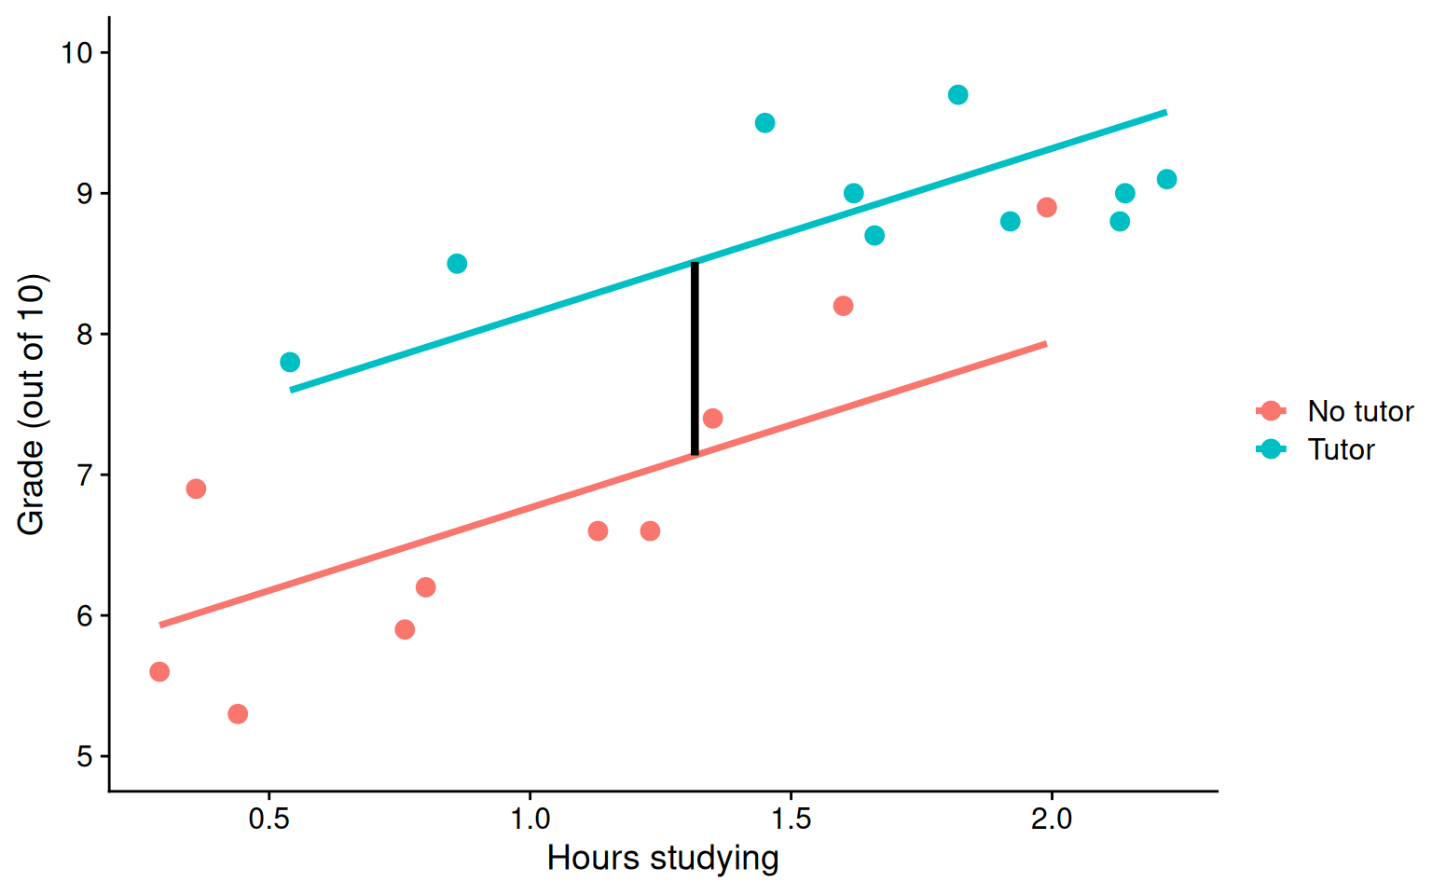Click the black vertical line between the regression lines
pyautogui.click(x=695, y=359)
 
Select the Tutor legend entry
pyautogui.click(x=1340, y=449)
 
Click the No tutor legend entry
pyautogui.click(x=1359, y=411)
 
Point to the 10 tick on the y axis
pyautogui.click(x=103, y=52)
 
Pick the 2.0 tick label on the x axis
pyautogui.click(x=1052, y=819)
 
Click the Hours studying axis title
pyautogui.click(x=662, y=858)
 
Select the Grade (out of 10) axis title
pyautogui.click(x=31, y=405)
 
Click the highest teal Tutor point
pyautogui.click(x=957, y=95)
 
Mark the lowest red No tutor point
pyautogui.click(x=238, y=714)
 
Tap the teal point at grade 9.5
pyautogui.click(x=764, y=123)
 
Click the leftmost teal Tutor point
pyautogui.click(x=290, y=362)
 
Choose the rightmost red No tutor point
pyautogui.click(x=1046, y=207)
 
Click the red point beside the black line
pyautogui.click(x=712, y=419)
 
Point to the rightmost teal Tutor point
pyautogui.click(x=1166, y=179)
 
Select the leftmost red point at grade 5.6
pyautogui.click(x=159, y=672)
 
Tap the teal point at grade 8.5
pyautogui.click(x=457, y=264)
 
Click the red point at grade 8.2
pyautogui.click(x=843, y=306)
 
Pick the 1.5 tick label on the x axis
pyautogui.click(x=791, y=819)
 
